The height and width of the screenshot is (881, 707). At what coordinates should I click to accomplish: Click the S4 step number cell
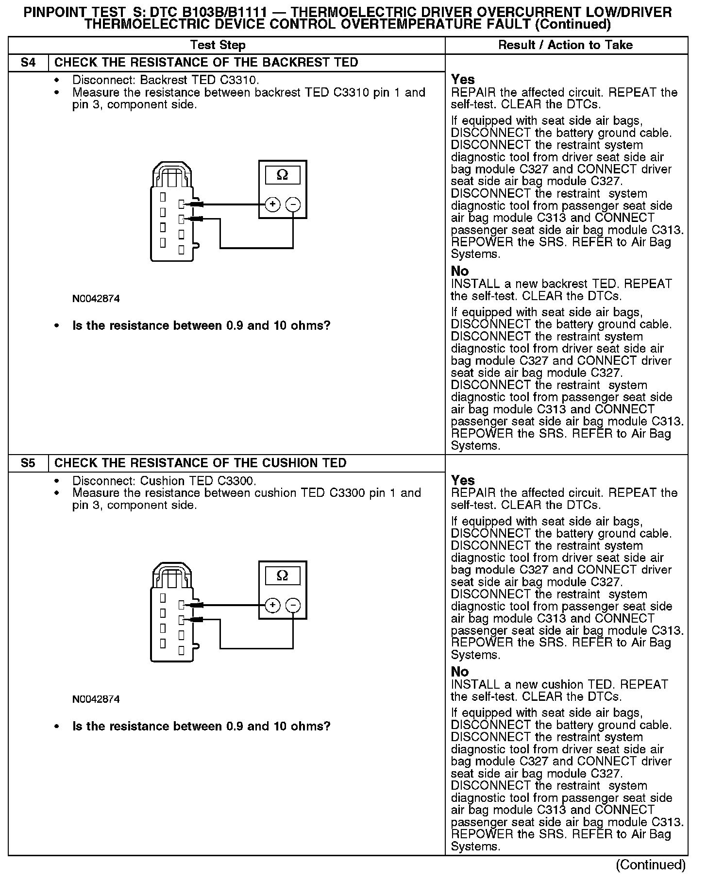click(x=28, y=63)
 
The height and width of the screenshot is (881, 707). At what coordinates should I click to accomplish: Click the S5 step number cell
click(x=28, y=463)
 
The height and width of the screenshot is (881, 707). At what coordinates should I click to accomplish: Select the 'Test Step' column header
click(x=218, y=45)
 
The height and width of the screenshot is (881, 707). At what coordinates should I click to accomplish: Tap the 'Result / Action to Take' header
click(x=566, y=45)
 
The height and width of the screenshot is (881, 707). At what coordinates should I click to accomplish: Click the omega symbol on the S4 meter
click(x=282, y=175)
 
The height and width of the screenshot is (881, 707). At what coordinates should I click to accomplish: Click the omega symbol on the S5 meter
click(x=282, y=576)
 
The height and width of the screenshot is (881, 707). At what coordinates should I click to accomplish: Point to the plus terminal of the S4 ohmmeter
click(x=273, y=204)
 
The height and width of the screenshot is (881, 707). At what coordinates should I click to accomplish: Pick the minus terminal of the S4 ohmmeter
click(x=293, y=204)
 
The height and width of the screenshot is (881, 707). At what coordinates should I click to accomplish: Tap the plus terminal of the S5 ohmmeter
click(x=273, y=605)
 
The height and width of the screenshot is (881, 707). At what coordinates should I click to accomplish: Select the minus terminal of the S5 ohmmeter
click(x=293, y=605)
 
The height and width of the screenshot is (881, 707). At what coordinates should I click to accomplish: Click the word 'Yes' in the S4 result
click(x=463, y=80)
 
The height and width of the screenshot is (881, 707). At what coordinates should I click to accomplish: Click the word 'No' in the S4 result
click(x=460, y=271)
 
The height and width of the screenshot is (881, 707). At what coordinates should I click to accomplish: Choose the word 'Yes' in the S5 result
click(x=463, y=480)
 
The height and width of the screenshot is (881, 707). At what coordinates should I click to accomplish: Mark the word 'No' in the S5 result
click(x=460, y=672)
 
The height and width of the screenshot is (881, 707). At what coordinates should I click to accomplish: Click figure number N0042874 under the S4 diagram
click(x=96, y=299)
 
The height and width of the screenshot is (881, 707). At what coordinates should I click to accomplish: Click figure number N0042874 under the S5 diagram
click(x=96, y=699)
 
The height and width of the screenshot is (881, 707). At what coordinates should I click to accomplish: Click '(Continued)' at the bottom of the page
click(x=651, y=864)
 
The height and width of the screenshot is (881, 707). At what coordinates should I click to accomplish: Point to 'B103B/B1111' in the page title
click(x=224, y=13)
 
